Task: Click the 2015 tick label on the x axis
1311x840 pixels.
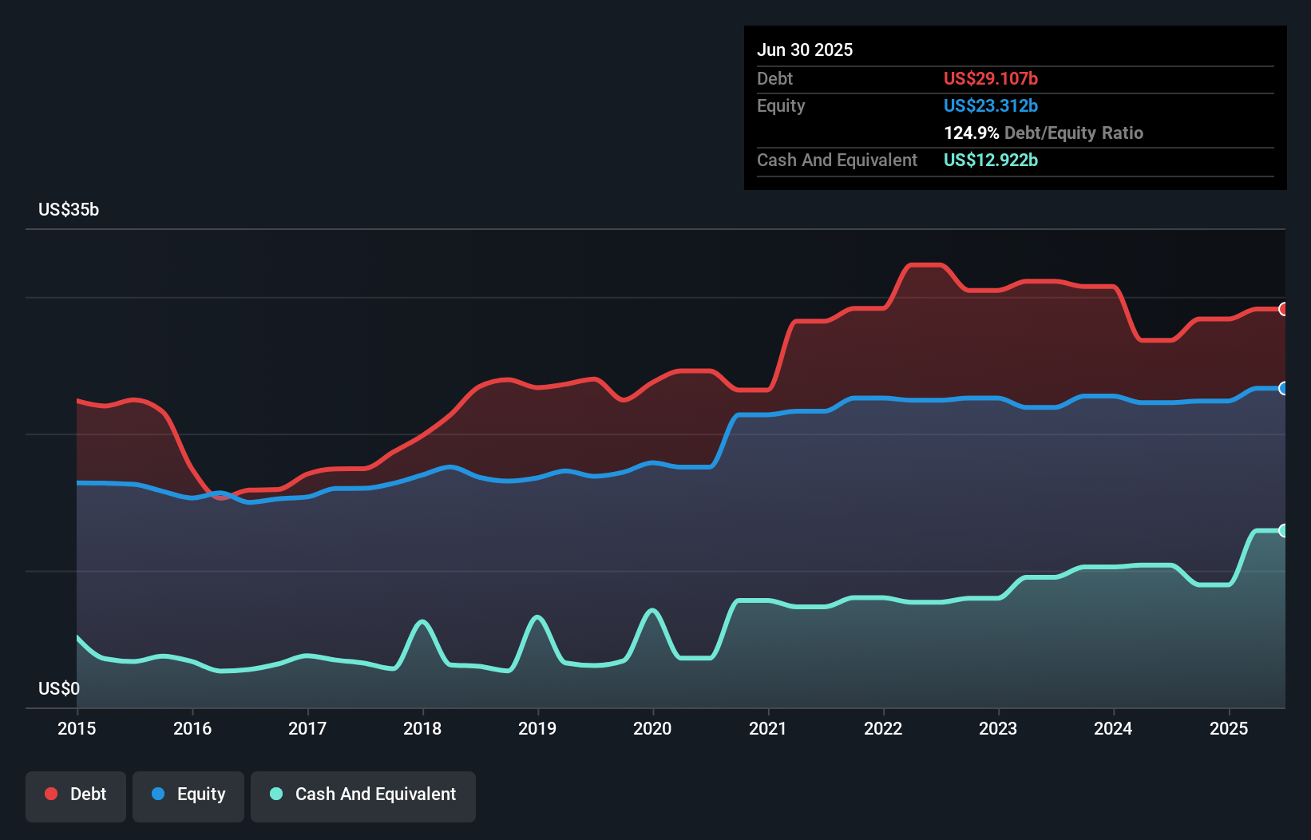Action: [77, 728]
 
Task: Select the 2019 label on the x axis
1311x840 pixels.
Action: [537, 728]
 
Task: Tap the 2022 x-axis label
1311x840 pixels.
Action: [883, 728]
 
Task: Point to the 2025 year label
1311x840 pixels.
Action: [1229, 728]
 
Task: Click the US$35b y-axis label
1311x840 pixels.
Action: [69, 209]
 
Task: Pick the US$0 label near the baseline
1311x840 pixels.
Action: [59, 688]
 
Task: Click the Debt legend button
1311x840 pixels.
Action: [76, 794]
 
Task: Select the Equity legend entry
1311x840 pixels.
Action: [188, 794]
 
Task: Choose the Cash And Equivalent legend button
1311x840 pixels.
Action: [363, 794]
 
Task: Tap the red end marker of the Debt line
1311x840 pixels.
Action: [1283, 309]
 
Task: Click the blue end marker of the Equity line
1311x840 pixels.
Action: [1283, 388]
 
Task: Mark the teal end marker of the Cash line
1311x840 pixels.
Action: [1283, 530]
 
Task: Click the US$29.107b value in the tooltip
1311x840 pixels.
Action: [990, 78]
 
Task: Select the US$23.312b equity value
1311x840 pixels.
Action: [990, 105]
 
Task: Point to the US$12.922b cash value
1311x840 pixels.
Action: [990, 160]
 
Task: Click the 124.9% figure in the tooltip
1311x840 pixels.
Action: [971, 133]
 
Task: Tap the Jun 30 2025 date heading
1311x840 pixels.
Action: [805, 50]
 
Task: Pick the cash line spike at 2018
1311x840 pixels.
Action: [422, 621]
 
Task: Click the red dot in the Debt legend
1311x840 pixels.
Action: [51, 794]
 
